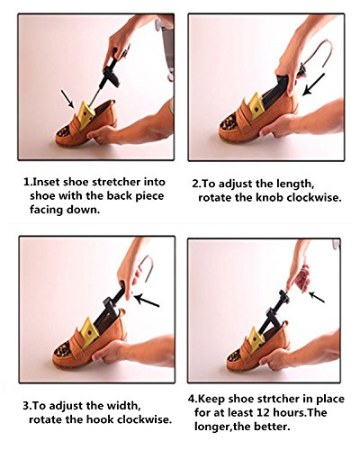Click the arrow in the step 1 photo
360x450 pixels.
67,99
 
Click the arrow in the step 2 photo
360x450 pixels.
314,84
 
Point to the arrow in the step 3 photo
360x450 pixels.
147,301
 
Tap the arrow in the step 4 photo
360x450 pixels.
317,297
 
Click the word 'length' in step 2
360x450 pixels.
295,184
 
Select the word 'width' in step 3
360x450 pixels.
123,406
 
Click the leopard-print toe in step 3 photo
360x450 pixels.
62,349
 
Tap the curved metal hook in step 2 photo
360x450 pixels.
318,56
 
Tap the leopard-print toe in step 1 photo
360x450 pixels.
63,131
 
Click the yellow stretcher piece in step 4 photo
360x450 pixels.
256,338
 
